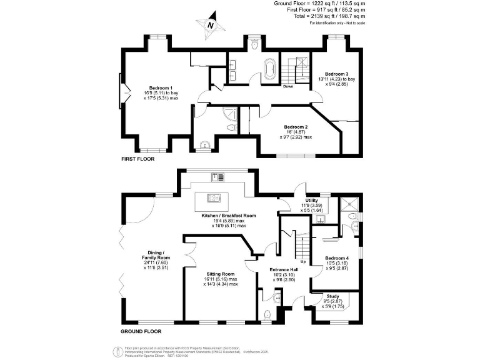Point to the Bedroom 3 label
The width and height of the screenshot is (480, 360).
pos(337,74)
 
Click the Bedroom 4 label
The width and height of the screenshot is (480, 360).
pos(337,258)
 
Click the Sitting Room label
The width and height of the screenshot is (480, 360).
pos(221,274)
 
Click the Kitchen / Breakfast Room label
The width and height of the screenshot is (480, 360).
pos(229,215)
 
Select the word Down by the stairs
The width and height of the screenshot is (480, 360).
pos(288,86)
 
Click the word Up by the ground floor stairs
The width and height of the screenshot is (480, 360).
pos(303,261)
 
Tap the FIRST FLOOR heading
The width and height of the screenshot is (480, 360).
pos(137,159)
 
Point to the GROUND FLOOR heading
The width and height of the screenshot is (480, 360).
pos(140,331)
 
